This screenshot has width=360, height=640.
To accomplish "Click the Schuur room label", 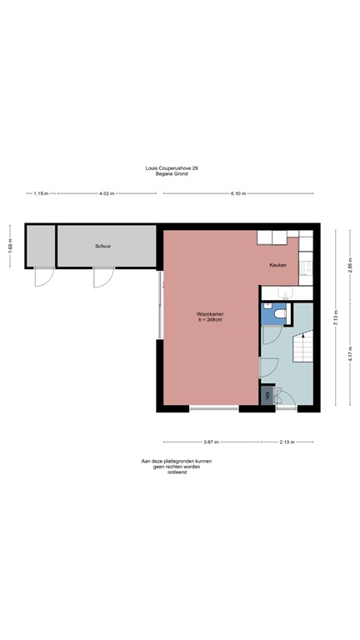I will tap(102, 247).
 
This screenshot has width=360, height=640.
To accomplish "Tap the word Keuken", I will tap(278, 265).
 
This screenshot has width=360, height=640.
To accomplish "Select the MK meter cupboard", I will tap(267, 396).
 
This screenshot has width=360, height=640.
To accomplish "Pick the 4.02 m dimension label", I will tap(106, 192).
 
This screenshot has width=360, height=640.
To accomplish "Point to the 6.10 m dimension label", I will tap(237, 192).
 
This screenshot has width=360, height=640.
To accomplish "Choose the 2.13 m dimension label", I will tap(289, 442).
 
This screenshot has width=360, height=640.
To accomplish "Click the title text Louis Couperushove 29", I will tap(172, 167).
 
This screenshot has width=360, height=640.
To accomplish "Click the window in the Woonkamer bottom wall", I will tap(213, 408).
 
